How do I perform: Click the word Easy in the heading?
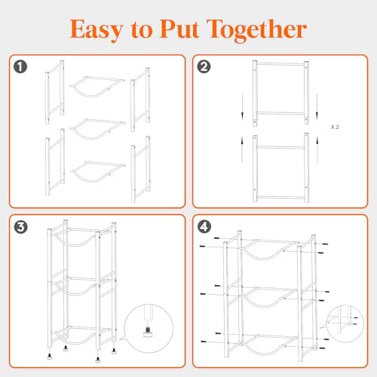tap(97, 29)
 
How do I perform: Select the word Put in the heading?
tap(179, 29)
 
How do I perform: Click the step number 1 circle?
tap(20, 67)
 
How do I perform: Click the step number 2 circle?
tap(204, 66)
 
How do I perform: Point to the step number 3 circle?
tap(20, 227)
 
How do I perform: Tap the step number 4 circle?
tap(204, 227)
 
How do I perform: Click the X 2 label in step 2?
tap(335, 127)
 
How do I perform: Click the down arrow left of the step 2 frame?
tap(242, 106)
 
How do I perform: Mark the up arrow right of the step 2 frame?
tap(317, 149)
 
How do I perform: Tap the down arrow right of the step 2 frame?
tap(317, 106)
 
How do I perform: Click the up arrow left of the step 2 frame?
tap(242, 149)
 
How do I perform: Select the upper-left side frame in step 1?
tap(55, 92)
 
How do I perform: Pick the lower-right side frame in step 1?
tap(141, 170)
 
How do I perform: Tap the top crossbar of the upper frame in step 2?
tap(280, 64)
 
